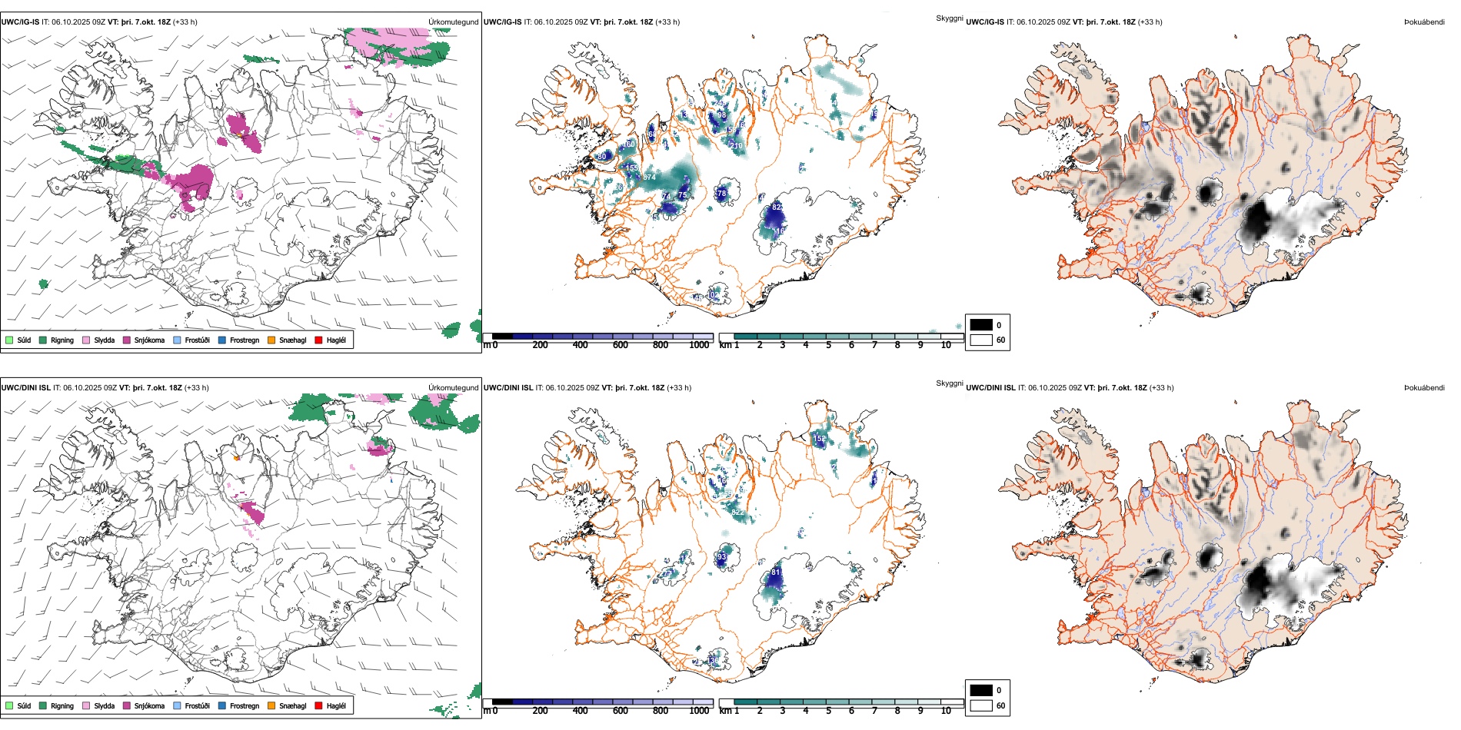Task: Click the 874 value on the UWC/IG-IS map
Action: [650, 178]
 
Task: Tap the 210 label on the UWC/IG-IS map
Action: [736, 146]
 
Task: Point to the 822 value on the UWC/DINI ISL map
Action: [738, 513]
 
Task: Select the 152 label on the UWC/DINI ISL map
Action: [820, 439]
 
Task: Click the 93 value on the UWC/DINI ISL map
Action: [721, 557]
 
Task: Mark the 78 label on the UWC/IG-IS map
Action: [721, 194]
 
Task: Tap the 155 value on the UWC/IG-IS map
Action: [632, 168]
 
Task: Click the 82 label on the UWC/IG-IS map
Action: [776, 207]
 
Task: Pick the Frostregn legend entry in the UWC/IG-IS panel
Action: [244, 340]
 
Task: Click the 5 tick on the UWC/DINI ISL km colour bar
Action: [828, 711]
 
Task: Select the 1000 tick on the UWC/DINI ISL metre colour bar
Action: [699, 711]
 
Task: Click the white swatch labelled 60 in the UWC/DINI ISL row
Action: [981, 705]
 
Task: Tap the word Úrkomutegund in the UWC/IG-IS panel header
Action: [453, 22]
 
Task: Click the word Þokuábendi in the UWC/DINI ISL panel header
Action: [1424, 388]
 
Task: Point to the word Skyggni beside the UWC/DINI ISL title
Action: [949, 383]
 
